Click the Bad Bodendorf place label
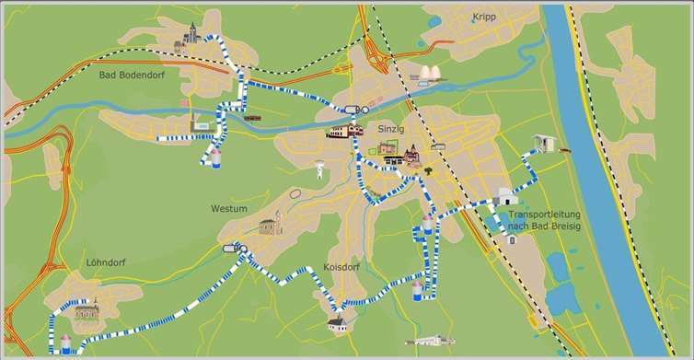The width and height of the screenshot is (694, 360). point(131,75)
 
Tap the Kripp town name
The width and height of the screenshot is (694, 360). point(483,17)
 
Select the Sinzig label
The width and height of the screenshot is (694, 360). point(391,130)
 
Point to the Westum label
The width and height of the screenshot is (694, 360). point(228,209)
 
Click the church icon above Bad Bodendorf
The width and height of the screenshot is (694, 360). point(192,35)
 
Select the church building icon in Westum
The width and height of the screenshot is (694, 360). point(270,224)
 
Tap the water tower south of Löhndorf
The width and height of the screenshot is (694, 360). point(65,344)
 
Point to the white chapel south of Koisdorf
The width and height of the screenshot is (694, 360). point(338,321)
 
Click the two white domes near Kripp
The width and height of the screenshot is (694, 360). point(431,74)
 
